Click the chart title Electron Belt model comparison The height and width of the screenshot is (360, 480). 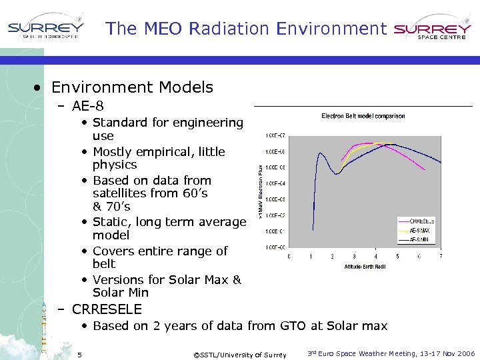click(x=363, y=116)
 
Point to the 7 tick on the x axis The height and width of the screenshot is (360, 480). click(x=441, y=257)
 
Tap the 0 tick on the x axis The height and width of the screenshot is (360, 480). click(x=289, y=257)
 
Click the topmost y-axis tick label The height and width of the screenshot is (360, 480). click(x=275, y=136)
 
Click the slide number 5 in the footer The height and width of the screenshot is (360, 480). click(x=79, y=354)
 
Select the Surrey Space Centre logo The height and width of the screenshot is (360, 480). click(x=432, y=29)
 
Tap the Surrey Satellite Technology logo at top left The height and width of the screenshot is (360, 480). click(x=45, y=29)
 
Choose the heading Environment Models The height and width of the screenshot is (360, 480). click(x=132, y=87)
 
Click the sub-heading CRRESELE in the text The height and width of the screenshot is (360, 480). click(x=107, y=309)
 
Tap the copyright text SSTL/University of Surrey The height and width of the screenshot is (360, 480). click(x=239, y=355)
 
